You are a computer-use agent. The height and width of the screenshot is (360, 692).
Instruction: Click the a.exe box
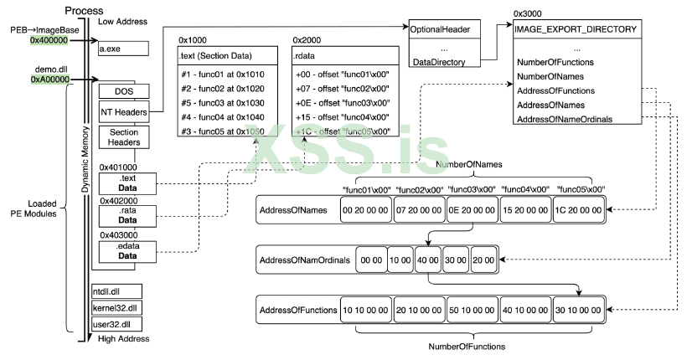[x=121, y=49]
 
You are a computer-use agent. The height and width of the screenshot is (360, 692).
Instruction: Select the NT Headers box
[x=121, y=111]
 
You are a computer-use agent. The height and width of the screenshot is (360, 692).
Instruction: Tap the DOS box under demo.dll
[x=121, y=90]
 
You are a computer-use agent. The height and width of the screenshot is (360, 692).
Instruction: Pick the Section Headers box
[x=121, y=136]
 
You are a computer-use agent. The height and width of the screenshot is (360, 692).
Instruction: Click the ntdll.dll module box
[x=116, y=292]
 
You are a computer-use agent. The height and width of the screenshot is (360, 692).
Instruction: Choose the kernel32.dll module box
[x=116, y=307]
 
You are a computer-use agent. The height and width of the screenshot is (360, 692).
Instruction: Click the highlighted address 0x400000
[x=49, y=39]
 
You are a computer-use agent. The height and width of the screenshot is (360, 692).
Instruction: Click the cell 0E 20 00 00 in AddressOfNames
[x=472, y=211]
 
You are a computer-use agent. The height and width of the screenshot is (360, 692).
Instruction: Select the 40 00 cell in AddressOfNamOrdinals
[x=426, y=261]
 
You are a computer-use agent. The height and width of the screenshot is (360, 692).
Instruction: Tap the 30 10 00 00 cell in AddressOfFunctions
[x=579, y=310]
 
